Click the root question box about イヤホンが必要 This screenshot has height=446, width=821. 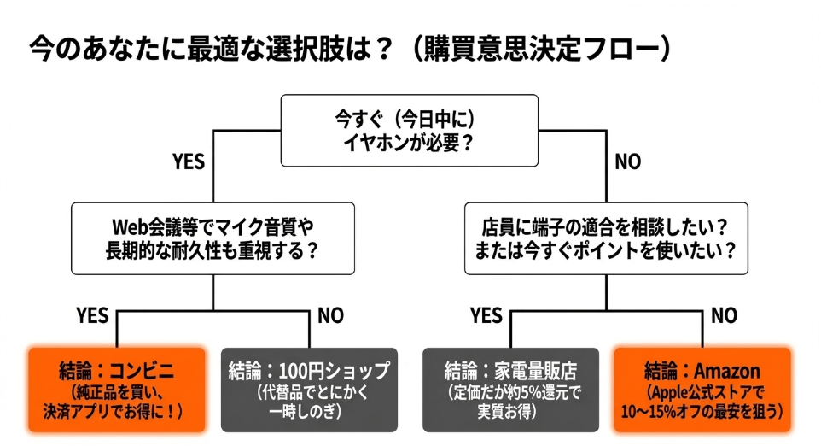[x=410, y=130]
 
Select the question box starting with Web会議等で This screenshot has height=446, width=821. [x=212, y=238]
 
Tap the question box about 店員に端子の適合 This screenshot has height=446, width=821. [x=606, y=238]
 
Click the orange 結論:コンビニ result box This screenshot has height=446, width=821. [x=117, y=389]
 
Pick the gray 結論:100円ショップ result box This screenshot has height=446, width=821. [x=309, y=389]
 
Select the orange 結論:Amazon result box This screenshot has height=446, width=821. [x=702, y=389]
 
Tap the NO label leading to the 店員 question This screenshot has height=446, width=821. [x=627, y=161]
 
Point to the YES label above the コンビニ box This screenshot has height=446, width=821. [x=92, y=315]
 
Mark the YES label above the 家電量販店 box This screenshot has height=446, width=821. [x=486, y=315]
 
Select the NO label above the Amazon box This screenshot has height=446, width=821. [x=724, y=315]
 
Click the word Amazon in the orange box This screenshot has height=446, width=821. [x=726, y=372]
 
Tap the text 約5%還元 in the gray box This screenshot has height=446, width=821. [x=537, y=393]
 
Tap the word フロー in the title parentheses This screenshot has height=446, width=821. [x=620, y=49]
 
